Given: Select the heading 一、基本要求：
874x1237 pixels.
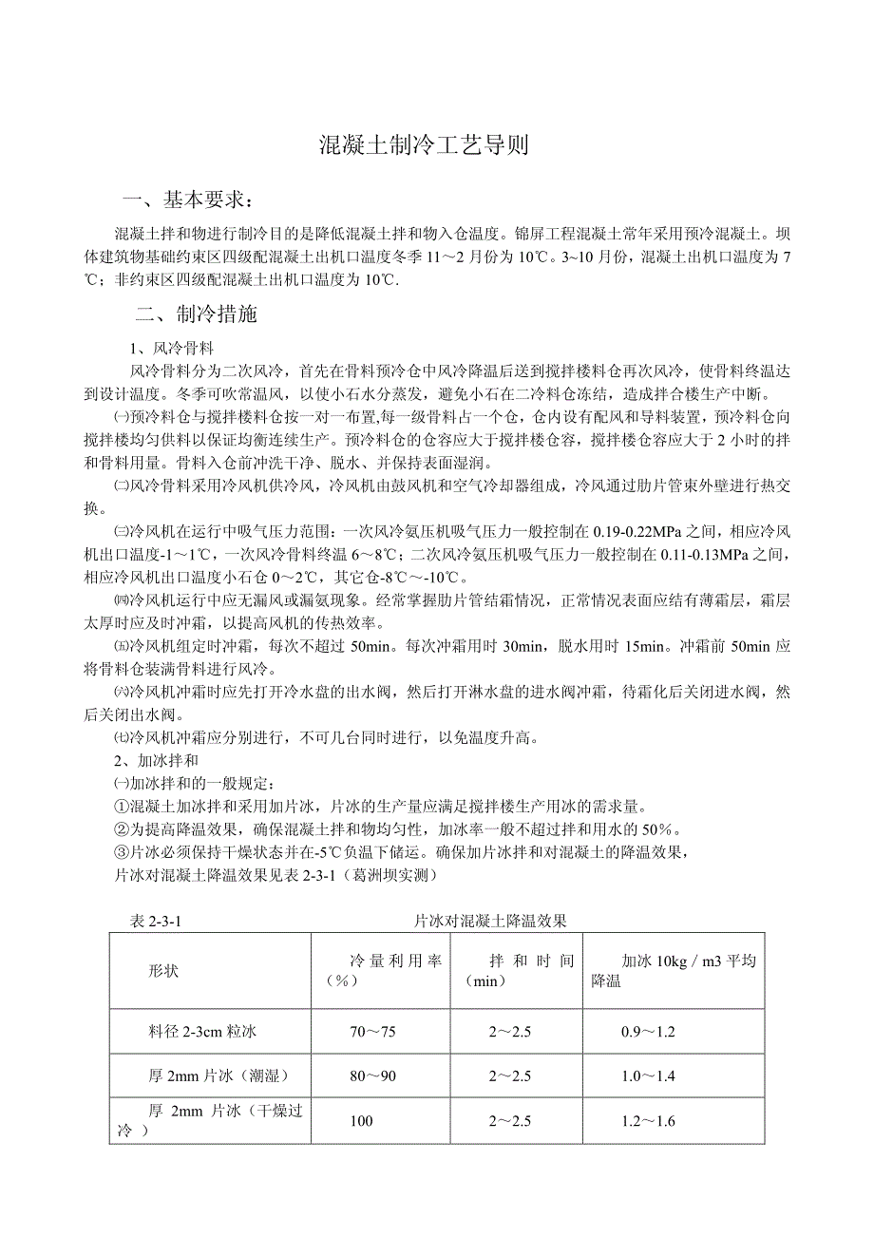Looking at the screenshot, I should coord(190,200).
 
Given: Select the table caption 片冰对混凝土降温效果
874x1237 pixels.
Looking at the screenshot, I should coord(490,920).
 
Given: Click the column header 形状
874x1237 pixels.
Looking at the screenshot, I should coord(163,971).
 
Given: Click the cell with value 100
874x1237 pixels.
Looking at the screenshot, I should coord(361,1121).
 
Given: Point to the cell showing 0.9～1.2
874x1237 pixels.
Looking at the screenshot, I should coord(648,1031).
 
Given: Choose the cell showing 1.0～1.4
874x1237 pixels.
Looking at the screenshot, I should coord(648,1075).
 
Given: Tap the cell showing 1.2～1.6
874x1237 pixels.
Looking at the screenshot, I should coord(648,1121).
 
